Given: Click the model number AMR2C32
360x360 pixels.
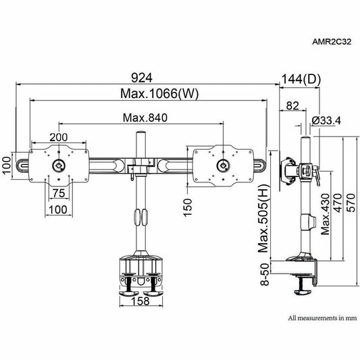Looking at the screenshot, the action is [x=332, y=42].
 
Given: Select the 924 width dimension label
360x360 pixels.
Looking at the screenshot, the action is [x=142, y=78].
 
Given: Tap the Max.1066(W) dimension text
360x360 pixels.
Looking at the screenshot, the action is [x=159, y=94].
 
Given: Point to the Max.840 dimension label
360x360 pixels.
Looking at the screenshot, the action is [x=145, y=118].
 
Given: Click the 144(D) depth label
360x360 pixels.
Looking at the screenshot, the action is [x=301, y=79].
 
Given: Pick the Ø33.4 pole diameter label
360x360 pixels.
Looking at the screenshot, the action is [x=326, y=120].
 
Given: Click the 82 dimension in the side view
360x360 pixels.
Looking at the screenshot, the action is [x=292, y=106].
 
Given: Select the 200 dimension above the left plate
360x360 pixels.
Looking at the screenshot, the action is [x=59, y=137].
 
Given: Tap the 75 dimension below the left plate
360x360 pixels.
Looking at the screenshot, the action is [x=59, y=193].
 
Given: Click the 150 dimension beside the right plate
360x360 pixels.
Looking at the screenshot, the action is [x=188, y=207].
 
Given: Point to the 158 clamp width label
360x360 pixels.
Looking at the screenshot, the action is [x=140, y=301].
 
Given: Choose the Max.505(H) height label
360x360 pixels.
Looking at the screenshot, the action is [x=263, y=218].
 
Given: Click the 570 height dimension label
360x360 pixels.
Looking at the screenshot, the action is [x=351, y=203].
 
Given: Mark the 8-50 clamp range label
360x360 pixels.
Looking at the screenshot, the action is [x=265, y=274].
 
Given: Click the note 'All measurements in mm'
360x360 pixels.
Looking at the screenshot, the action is [x=323, y=318].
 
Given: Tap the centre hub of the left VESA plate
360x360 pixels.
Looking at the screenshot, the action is [x=59, y=165].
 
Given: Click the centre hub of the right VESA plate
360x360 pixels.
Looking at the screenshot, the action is [x=224, y=165].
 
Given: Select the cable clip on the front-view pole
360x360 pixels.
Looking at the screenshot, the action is [x=140, y=217].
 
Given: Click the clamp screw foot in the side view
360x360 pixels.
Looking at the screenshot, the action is [x=303, y=292].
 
